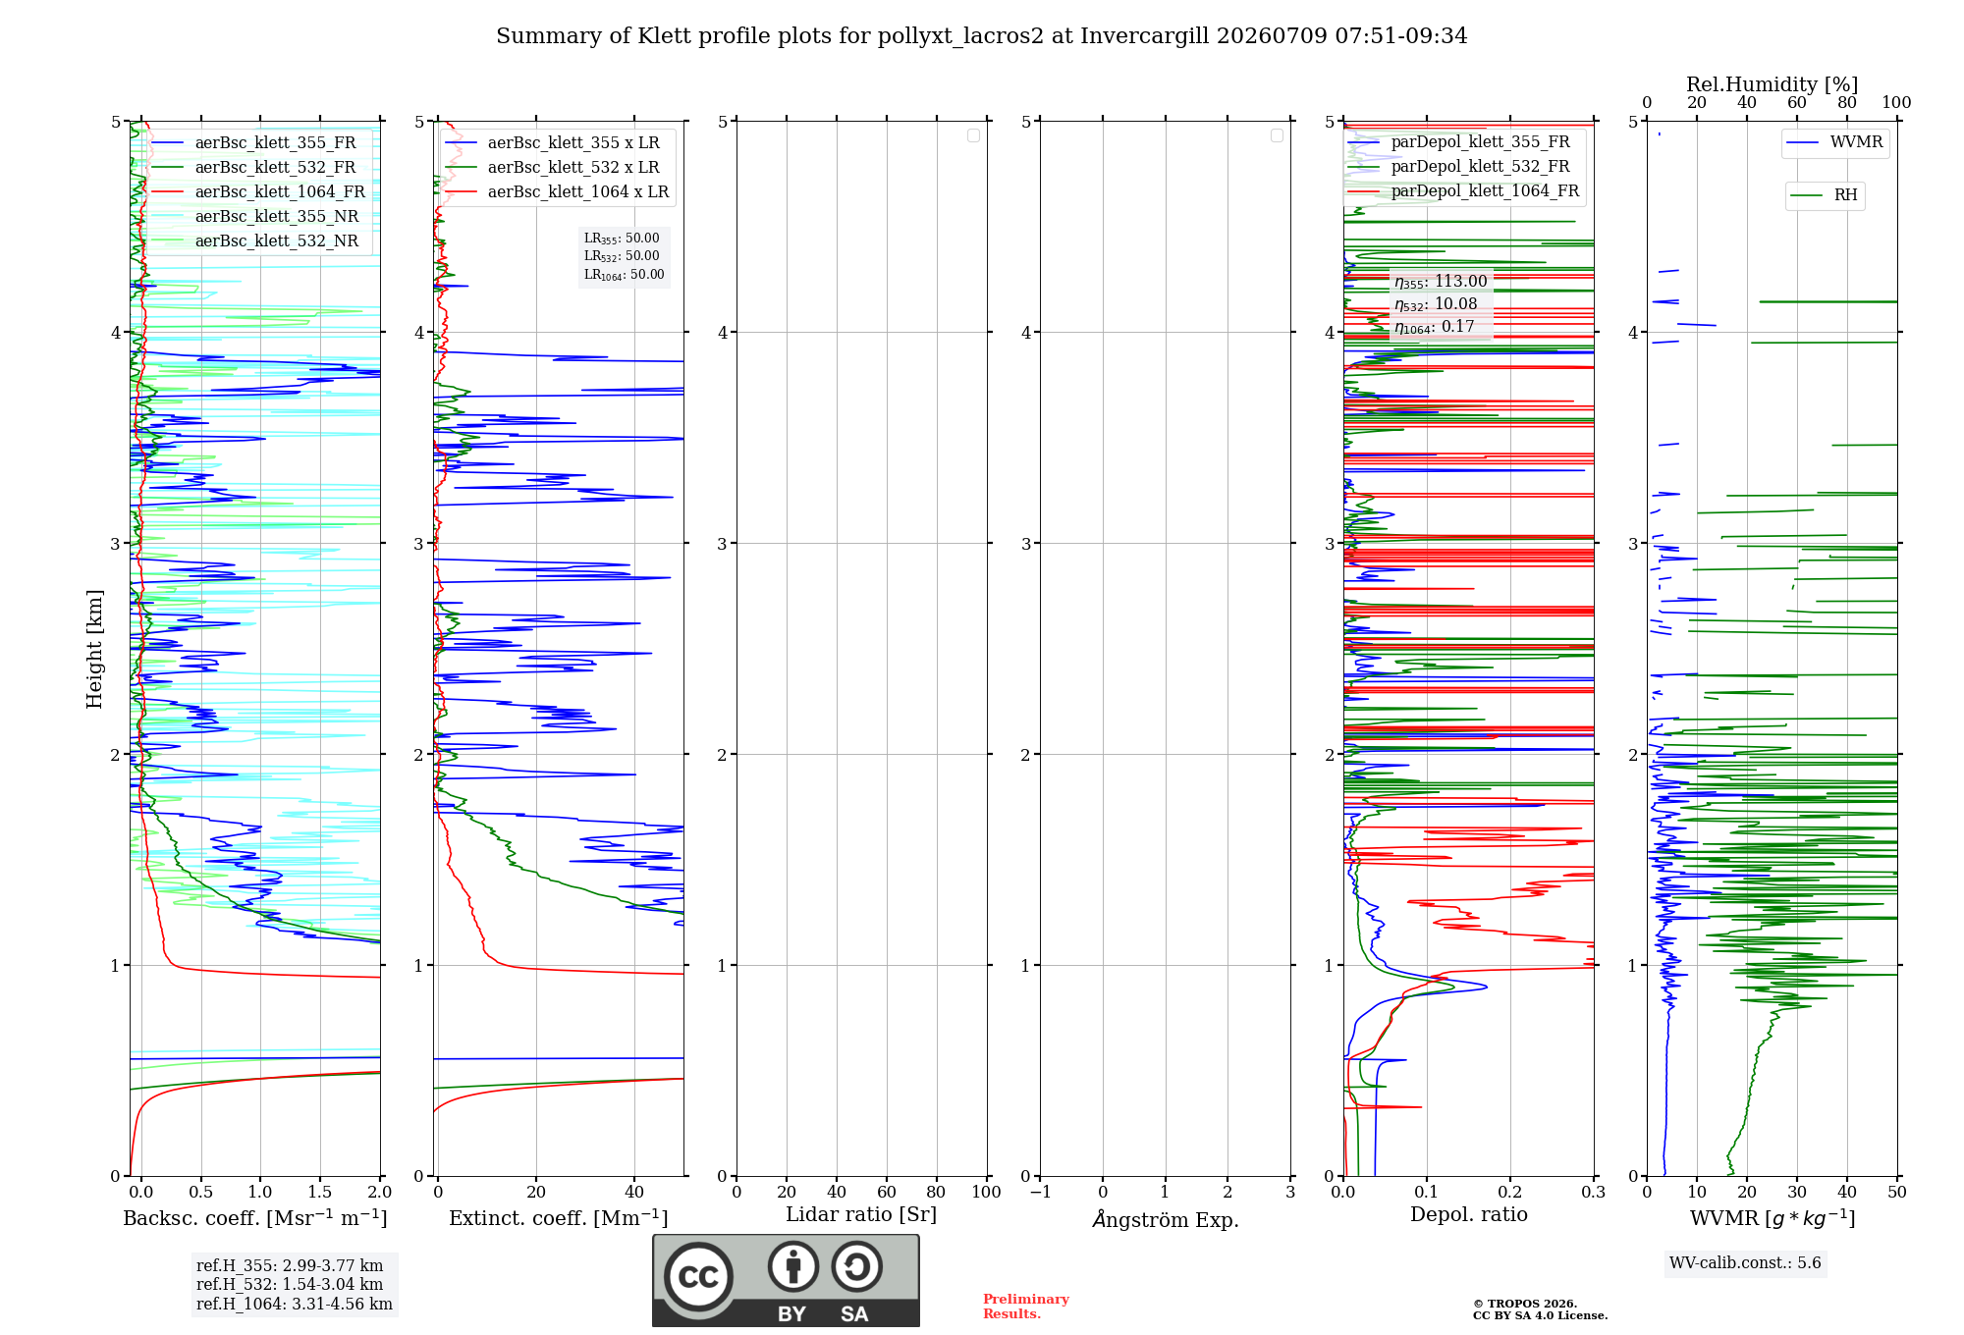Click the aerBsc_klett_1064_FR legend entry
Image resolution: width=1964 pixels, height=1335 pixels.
point(257,191)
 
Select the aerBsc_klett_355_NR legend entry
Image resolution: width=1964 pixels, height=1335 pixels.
point(254,216)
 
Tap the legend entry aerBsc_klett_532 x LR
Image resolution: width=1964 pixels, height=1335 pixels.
point(552,167)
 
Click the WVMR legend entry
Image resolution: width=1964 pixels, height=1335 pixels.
point(1834,142)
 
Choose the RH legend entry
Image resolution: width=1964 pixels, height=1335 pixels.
point(1824,194)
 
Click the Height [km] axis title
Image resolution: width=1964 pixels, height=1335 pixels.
point(94,649)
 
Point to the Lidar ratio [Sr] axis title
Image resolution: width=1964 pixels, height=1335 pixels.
point(861,1214)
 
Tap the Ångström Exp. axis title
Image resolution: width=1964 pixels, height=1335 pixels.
point(1166,1219)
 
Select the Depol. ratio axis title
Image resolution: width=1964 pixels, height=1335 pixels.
point(1469,1214)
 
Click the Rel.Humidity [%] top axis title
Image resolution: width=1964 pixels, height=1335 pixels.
point(1773,84)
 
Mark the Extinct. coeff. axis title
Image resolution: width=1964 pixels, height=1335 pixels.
point(559,1218)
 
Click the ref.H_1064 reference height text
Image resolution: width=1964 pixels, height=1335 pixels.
point(295,1304)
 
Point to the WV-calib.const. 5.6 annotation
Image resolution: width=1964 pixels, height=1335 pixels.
point(1745,1262)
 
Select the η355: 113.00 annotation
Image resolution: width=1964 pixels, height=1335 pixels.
point(1441,282)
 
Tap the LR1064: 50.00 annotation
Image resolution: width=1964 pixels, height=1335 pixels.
point(625,275)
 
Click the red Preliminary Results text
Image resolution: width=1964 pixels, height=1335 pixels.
point(1026,1307)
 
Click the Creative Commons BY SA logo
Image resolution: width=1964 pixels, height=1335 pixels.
point(786,1280)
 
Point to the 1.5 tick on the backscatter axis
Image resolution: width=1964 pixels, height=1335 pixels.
point(320,1192)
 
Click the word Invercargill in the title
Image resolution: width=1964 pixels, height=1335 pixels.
point(1145,36)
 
